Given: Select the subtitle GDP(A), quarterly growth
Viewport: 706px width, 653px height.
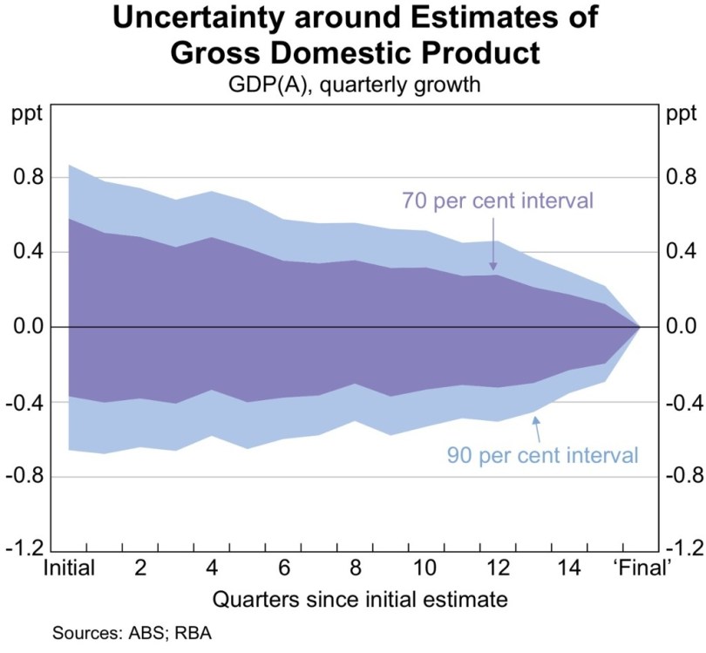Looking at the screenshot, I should (353, 85).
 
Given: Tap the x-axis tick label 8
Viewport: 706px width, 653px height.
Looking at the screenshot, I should (356, 568).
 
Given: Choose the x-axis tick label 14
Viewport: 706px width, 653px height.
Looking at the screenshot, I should (569, 568).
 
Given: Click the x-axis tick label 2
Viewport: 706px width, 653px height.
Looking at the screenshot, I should (139, 568).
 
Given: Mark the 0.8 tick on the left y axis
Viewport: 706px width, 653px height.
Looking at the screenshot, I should (28, 178).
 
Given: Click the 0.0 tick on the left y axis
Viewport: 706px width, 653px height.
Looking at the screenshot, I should (28, 328).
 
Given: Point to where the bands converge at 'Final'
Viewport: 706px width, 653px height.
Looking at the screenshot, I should (640, 328).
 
